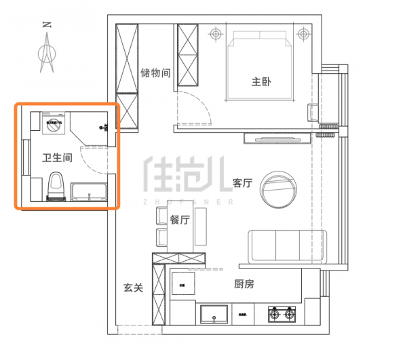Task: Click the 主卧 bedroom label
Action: [261, 82]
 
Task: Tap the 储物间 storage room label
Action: [155, 73]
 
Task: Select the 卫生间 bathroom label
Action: [58, 159]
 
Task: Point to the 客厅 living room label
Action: [242, 183]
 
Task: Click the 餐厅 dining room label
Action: [180, 220]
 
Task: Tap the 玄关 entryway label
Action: [133, 287]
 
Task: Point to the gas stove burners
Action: [282, 315]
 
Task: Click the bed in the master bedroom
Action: [261, 68]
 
